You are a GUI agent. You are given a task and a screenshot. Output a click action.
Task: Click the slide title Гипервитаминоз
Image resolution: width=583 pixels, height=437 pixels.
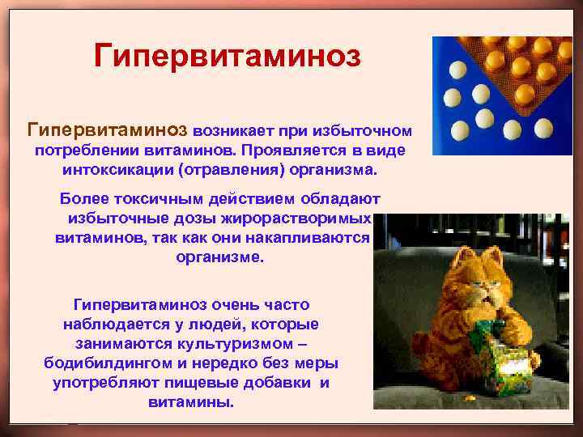pyautogui.click(x=227, y=56)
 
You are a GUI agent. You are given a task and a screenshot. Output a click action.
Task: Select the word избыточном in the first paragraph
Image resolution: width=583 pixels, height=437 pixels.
pyautogui.click(x=368, y=130)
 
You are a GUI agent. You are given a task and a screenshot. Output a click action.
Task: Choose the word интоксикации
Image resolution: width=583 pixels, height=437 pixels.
pyautogui.click(x=113, y=172)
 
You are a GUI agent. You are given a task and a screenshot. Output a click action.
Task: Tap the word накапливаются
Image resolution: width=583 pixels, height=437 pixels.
pyautogui.click(x=311, y=240)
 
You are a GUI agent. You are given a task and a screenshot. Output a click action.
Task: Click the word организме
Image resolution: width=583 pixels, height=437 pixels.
pyautogui.click(x=219, y=260)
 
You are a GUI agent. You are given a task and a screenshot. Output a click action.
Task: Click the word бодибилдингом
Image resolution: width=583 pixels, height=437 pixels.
pyautogui.click(x=108, y=363)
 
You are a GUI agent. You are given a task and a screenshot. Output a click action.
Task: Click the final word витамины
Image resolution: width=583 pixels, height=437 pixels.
pyautogui.click(x=191, y=402)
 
